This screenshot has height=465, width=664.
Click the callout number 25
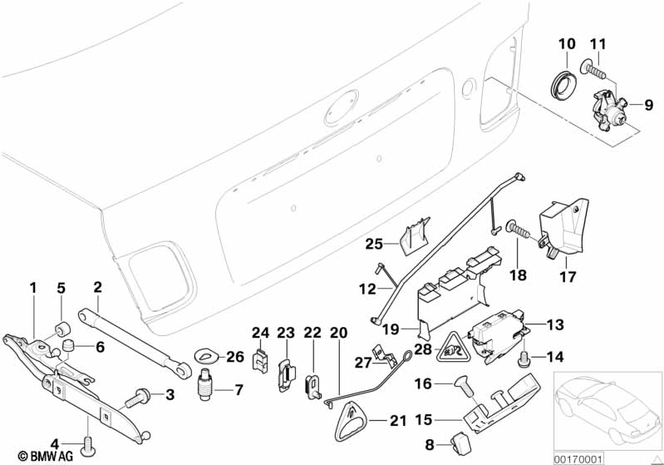click(x=373, y=244)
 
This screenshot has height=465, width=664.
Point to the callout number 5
click(x=60, y=289)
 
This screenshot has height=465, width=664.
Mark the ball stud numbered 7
click(x=205, y=388)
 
